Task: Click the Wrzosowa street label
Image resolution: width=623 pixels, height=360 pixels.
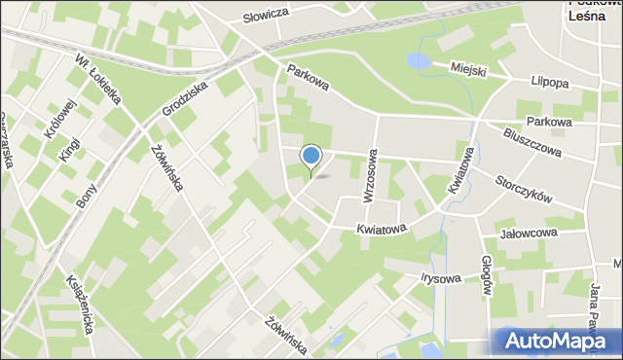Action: (369, 176)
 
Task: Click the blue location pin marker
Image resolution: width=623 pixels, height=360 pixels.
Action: (311, 157)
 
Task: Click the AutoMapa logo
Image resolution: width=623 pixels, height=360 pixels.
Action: (556, 341)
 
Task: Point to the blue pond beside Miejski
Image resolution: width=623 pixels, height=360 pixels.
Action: (418, 62)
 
